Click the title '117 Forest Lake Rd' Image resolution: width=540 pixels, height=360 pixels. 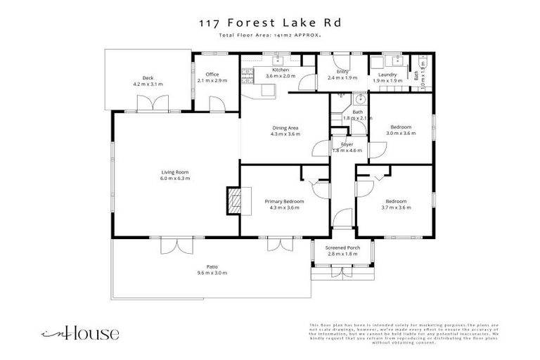point(270,22)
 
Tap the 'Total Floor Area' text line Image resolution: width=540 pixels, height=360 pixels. point(270,34)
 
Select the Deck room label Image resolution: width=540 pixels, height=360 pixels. point(148,78)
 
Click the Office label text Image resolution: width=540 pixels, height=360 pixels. point(212,75)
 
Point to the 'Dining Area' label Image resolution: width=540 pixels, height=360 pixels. point(285,127)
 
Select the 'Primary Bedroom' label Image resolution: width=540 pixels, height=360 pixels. point(284,201)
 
